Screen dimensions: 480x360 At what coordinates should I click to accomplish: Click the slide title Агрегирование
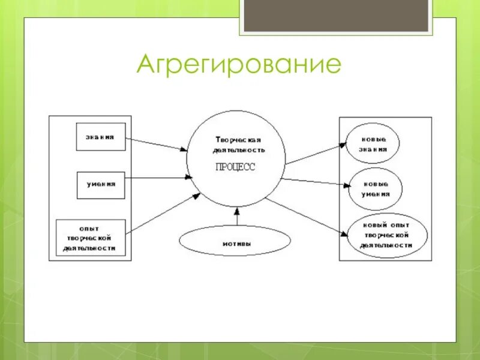click(239, 64)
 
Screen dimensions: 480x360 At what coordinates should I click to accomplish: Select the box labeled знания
click(101, 137)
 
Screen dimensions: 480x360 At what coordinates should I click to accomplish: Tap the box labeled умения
click(101, 185)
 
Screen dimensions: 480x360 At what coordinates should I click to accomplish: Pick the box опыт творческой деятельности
click(91, 238)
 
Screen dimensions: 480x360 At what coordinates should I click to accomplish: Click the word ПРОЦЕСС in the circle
click(235, 167)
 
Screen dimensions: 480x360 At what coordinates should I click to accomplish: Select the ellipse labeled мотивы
click(235, 243)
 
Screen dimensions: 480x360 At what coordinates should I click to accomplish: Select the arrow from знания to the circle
click(157, 145)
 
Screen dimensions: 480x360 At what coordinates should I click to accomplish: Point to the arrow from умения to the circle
click(159, 177)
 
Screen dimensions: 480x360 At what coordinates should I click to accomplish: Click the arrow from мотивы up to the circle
click(237, 217)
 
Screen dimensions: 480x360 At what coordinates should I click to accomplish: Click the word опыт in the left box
click(90, 228)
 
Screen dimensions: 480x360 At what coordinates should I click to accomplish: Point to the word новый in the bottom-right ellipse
click(373, 224)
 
